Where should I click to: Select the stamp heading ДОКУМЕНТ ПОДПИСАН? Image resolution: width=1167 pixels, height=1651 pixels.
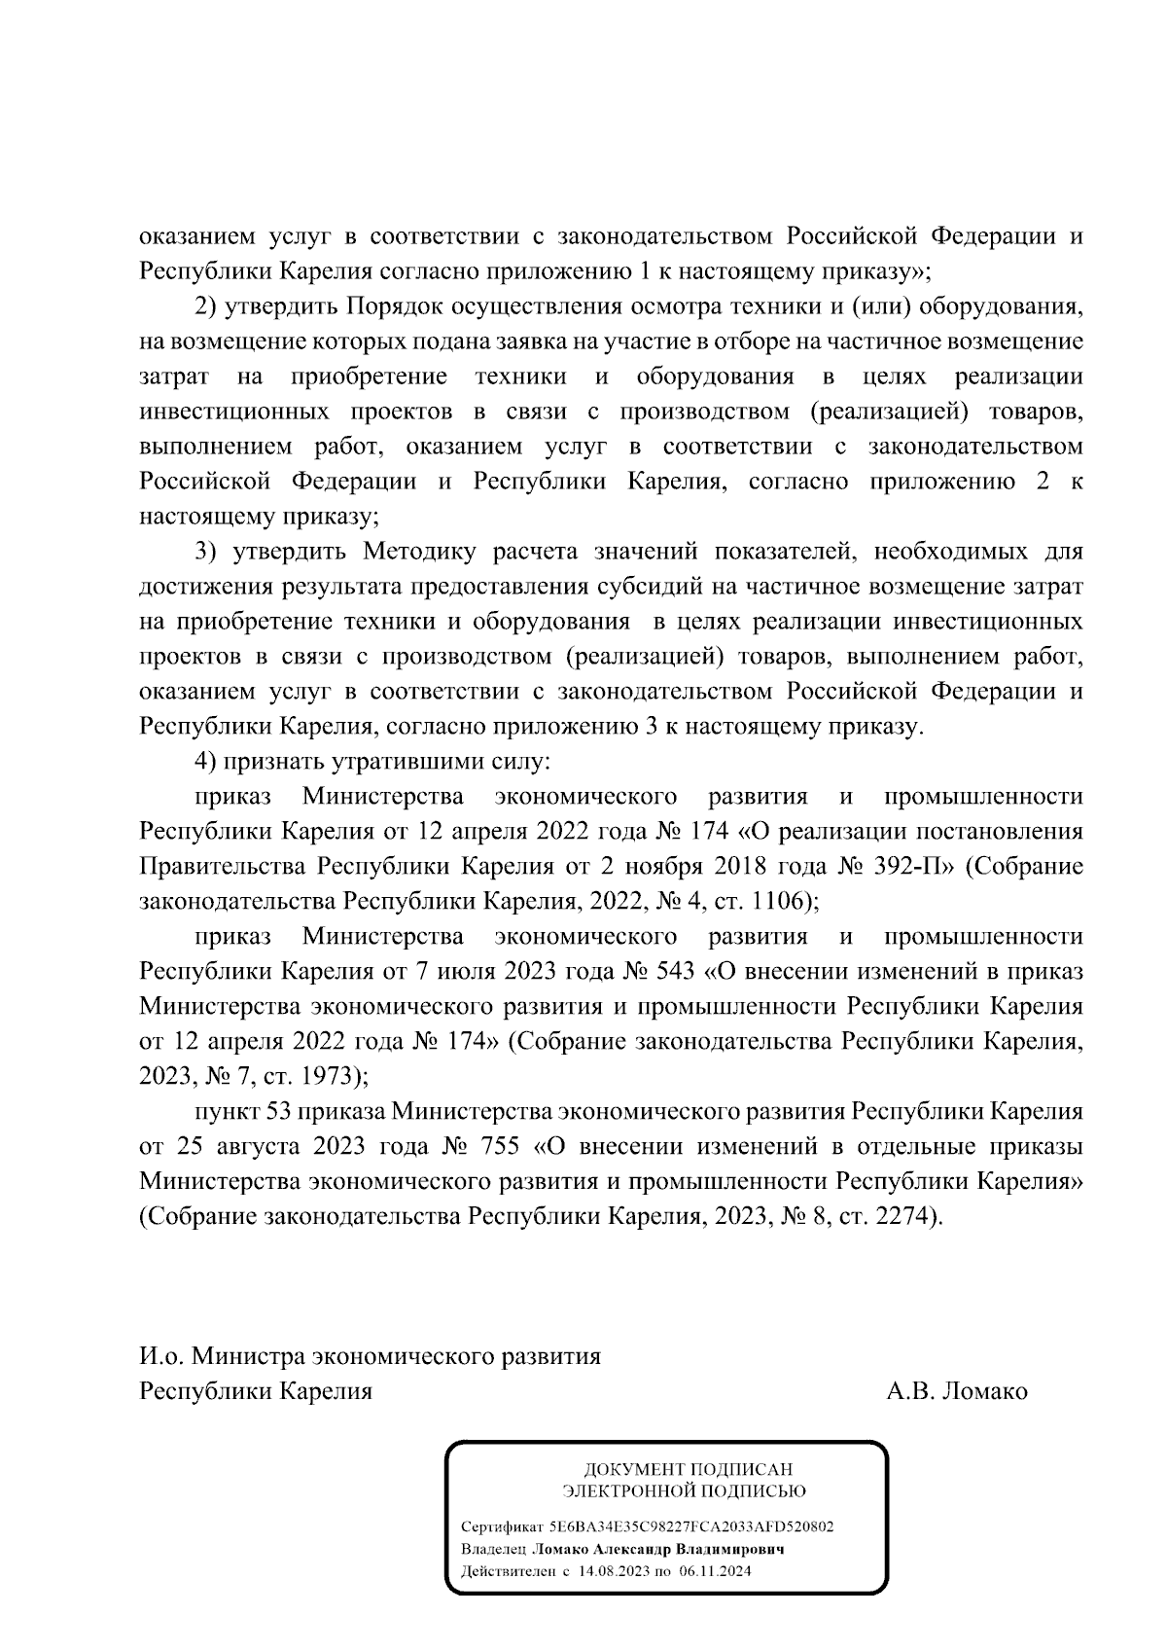[x=688, y=1470]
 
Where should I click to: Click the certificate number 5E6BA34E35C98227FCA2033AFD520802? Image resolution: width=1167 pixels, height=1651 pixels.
[x=690, y=1526]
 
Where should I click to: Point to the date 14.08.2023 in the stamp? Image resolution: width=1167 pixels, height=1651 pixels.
[x=612, y=1571]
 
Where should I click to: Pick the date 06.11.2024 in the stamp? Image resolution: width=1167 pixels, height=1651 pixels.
[x=718, y=1571]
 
